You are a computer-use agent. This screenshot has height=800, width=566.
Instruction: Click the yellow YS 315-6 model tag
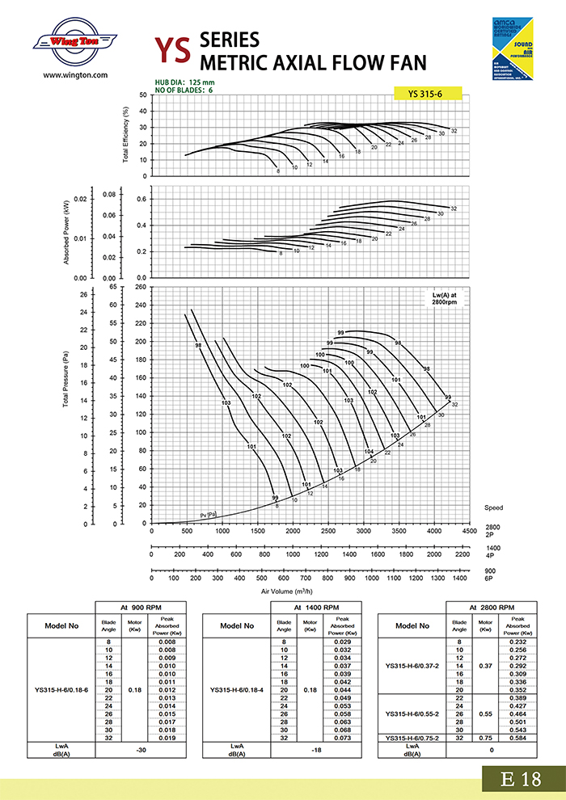[x=427, y=94]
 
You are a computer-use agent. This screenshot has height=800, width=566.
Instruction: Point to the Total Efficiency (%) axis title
[x=126, y=135]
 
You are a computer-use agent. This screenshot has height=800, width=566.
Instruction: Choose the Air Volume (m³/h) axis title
[x=289, y=592]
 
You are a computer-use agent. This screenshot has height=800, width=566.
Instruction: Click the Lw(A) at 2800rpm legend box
[x=443, y=298]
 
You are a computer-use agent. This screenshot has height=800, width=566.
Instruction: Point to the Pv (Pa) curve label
[x=209, y=514]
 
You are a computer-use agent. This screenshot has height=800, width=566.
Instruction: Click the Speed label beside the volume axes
[x=493, y=507]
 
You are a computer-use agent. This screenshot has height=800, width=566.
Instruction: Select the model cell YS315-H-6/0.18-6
[x=61, y=690]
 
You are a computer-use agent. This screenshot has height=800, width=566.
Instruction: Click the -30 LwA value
[x=141, y=748]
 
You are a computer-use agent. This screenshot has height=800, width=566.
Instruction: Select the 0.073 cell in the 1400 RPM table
[x=343, y=738]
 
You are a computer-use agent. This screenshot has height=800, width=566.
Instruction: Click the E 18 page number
[x=520, y=779]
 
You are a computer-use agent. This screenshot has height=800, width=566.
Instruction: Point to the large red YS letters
[x=173, y=50]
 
